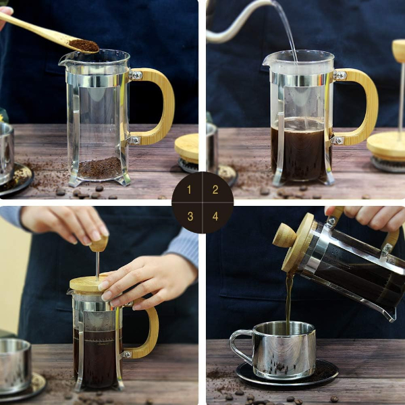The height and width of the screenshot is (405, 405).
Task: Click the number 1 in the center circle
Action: pos(190,190)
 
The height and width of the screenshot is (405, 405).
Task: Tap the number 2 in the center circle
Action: pos(215,190)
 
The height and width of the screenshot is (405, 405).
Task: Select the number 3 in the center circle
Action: pos(190,216)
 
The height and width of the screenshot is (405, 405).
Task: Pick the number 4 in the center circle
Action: pos(215,216)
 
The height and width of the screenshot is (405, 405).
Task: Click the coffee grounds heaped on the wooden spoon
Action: pos(84,45)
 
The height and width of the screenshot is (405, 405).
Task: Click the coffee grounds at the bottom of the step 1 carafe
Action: pos(100,167)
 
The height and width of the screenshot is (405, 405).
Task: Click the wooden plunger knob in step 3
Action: pos(99,244)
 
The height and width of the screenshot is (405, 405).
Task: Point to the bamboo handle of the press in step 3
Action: pos(150,331)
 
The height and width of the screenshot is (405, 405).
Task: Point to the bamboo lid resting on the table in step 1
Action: pos(186,147)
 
